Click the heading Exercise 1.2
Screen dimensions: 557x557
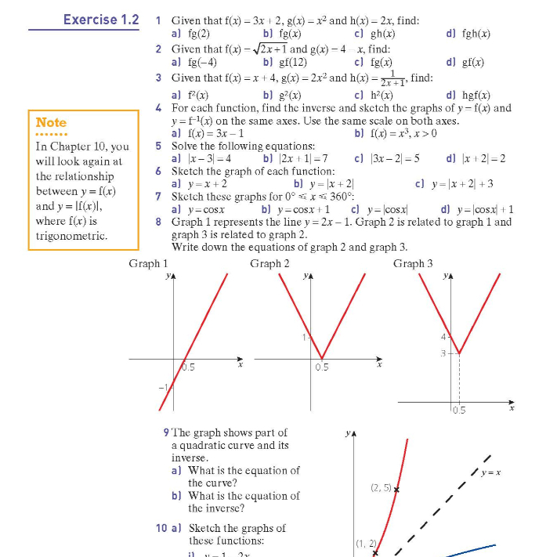coord(101,18)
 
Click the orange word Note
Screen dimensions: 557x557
coord(51,122)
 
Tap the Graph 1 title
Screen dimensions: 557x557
coord(148,263)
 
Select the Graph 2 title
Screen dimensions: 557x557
coord(269,263)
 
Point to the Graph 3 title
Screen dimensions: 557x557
coord(413,263)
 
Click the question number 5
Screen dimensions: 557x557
coord(159,146)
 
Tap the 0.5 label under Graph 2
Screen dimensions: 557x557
coord(322,367)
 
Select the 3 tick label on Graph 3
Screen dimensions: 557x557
coord(441,353)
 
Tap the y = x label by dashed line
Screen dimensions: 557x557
coord(491,472)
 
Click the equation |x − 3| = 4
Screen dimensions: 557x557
coord(206,158)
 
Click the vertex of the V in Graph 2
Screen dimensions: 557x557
coord(322,359)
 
